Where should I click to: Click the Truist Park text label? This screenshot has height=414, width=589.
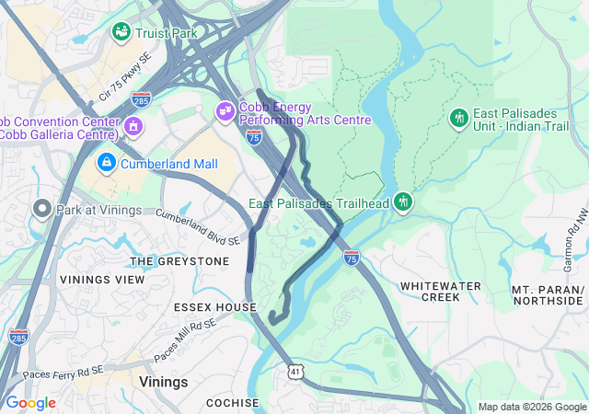pyautogui.click(x=166, y=33)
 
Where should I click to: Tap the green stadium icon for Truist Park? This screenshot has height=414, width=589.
pyautogui.click(x=121, y=33)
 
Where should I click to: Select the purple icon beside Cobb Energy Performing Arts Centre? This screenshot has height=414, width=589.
pyautogui.click(x=225, y=112)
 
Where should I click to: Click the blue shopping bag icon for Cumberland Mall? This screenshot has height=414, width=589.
pyautogui.click(x=107, y=164)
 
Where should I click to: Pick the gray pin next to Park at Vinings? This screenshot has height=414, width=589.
pyautogui.click(x=40, y=209)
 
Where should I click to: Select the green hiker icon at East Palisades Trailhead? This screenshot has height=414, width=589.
pyautogui.click(x=402, y=201)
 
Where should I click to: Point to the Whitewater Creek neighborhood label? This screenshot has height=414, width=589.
pyautogui.click(x=440, y=292)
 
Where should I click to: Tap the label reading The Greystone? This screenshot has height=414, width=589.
pyautogui.click(x=179, y=261)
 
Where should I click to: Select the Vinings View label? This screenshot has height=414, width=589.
pyautogui.click(x=102, y=279)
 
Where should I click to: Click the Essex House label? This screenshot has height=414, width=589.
pyautogui.click(x=211, y=306)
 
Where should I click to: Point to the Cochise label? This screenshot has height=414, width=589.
pyautogui.click(x=232, y=403)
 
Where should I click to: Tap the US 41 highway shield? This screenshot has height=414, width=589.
pyautogui.click(x=294, y=370)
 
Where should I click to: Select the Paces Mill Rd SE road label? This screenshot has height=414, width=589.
pyautogui.click(x=185, y=337)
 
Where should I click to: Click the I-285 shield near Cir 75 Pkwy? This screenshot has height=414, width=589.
pyautogui.click(x=141, y=98)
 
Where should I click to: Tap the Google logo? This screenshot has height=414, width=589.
pyautogui.click(x=31, y=403)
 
